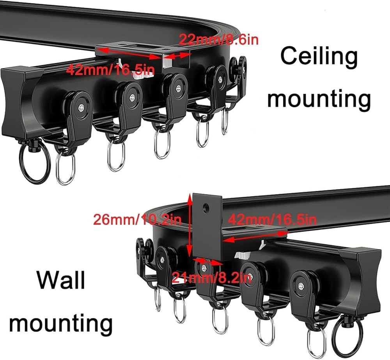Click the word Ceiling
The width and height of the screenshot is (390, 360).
tap(319, 56)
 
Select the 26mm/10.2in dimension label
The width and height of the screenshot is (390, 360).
tap(137, 219)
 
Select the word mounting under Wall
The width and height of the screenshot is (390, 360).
tap(61, 323)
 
